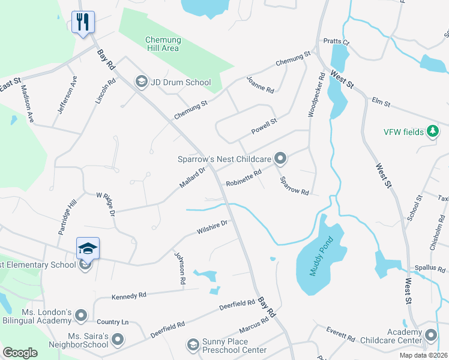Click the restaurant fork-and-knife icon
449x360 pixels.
pos(83,22)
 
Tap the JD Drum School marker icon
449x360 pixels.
pos(142,82)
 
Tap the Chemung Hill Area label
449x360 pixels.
pos(163,44)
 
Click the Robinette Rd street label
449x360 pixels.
pos(243,178)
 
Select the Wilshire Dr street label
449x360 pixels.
pos(212,227)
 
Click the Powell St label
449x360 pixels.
pos(264,126)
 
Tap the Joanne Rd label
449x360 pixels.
pos(261,84)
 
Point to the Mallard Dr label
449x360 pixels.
pos(192,178)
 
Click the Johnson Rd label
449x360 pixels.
pos(179,268)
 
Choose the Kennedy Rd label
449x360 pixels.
pos(129,296)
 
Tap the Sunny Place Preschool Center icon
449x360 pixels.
pos(193,344)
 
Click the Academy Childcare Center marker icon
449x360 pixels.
pos(430,335)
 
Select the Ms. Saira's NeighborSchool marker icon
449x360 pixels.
pos(118,340)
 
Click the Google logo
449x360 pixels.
pos(20,353)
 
